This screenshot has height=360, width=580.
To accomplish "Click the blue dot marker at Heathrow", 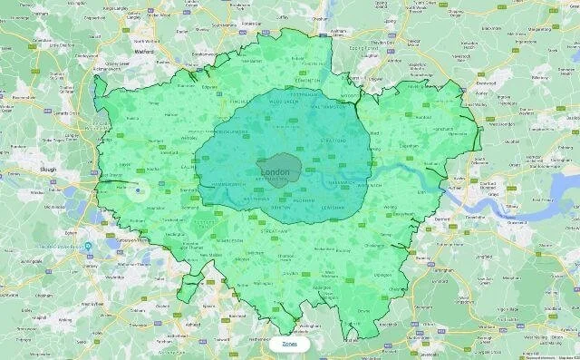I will pos(138,190).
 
